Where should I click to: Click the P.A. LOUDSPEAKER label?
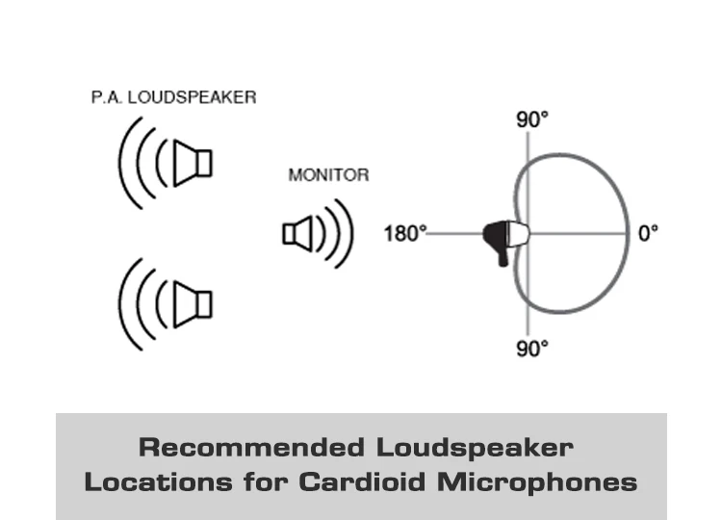pos(173,97)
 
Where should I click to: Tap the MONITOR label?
pos(328,175)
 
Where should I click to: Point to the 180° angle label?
pos(405,233)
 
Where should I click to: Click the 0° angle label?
pos(648,233)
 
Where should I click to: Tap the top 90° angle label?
pos(532,119)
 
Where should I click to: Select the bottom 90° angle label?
pos(532,349)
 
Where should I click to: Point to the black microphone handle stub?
pos(503,257)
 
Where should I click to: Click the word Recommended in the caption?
pos(251,447)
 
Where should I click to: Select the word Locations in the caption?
pos(159,482)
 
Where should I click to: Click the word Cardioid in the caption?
pos(362,482)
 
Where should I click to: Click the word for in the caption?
pos(266,482)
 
